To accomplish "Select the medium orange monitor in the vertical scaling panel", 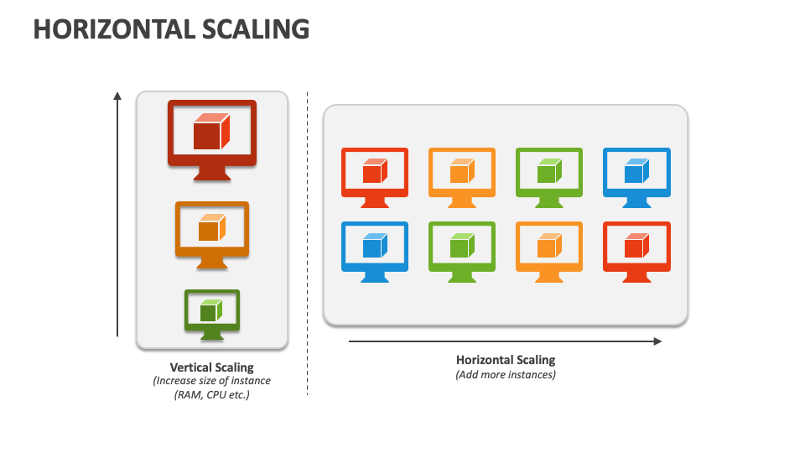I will [x=211, y=231].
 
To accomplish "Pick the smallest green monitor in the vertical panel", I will [x=211, y=312].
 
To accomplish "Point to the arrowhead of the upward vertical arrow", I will [x=117, y=96].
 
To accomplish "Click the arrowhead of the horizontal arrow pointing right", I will [x=657, y=341].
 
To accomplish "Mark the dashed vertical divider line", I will [x=307, y=243].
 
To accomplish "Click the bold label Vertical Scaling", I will [x=211, y=367].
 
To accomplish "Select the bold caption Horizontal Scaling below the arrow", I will [x=506, y=360].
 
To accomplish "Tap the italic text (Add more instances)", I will [x=506, y=375].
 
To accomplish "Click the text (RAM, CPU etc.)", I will [x=211, y=394].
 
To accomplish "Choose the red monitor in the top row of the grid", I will [x=375, y=174].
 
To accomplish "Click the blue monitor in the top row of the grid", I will [x=636, y=174].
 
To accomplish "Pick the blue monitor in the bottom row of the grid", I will [x=375, y=248].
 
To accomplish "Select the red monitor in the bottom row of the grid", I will [x=636, y=248].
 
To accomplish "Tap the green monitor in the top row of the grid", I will [x=549, y=174].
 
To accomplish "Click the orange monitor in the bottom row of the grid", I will [x=549, y=248].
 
